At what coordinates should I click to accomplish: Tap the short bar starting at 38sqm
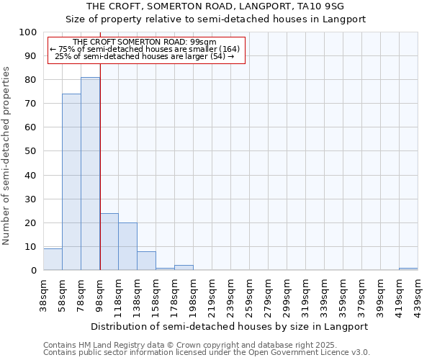(x=53, y=259)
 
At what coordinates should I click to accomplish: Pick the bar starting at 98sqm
(x=109, y=242)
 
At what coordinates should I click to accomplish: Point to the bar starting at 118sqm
(x=127, y=246)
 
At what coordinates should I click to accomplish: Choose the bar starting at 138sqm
(x=146, y=261)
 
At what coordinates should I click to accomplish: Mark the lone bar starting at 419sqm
(x=408, y=269)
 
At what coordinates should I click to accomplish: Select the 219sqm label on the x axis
(x=212, y=294)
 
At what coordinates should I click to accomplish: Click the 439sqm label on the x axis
(x=418, y=294)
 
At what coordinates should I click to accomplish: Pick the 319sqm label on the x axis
(x=305, y=294)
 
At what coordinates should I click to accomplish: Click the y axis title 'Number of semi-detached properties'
(x=7, y=156)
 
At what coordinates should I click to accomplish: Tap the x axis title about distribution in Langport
(x=230, y=326)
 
